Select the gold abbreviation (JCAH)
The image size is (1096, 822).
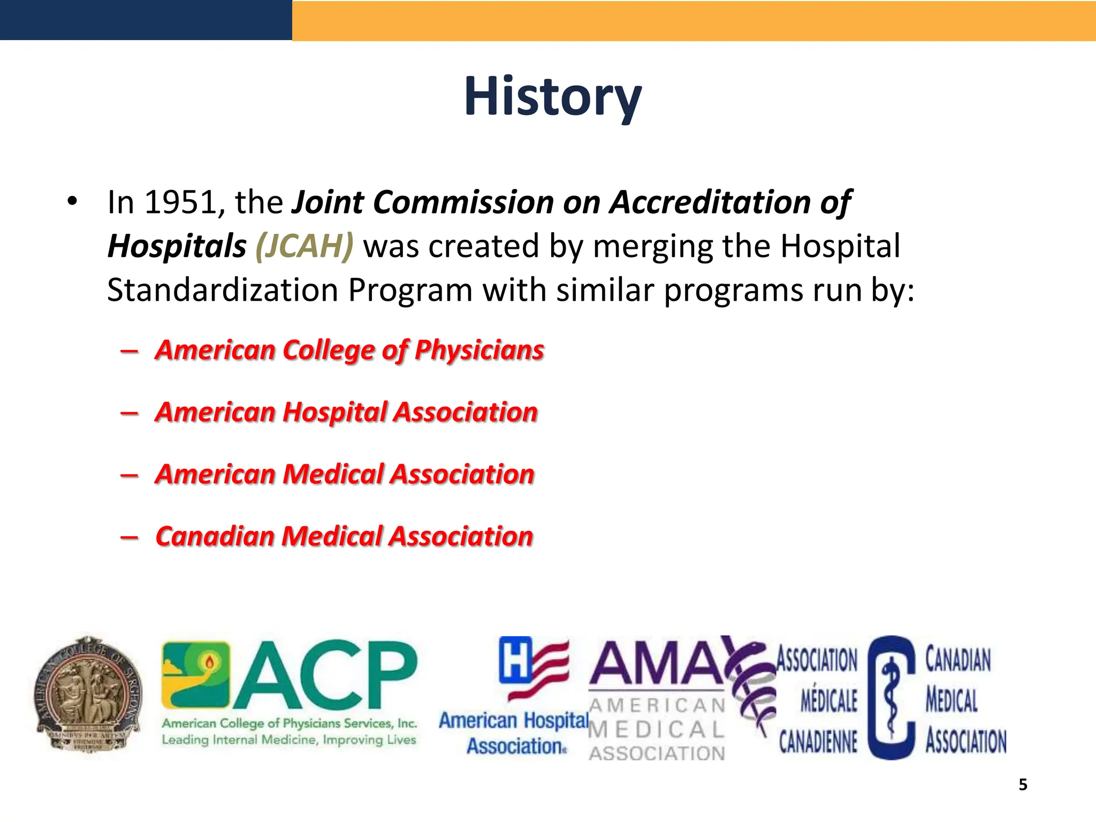click(x=304, y=246)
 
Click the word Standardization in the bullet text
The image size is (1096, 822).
click(x=222, y=291)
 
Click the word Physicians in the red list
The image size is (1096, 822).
click(x=479, y=351)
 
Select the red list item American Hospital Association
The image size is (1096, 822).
click(x=346, y=413)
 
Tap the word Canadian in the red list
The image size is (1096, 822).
click(x=215, y=537)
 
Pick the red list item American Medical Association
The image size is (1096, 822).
click(x=344, y=475)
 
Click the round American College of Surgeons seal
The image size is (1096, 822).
click(x=89, y=694)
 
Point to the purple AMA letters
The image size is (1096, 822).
click(x=657, y=664)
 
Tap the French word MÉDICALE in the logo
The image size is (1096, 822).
click(x=828, y=701)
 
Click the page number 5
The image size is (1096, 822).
click(x=1023, y=785)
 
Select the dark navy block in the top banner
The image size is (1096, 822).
click(x=146, y=20)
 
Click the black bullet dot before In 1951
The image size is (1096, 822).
click(x=72, y=202)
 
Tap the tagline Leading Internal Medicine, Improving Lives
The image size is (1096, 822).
click(x=289, y=740)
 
